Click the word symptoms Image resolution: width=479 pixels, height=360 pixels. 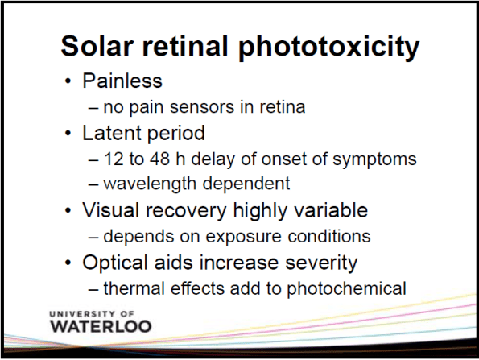point(378,159)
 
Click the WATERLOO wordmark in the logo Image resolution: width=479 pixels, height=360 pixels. point(99,326)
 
